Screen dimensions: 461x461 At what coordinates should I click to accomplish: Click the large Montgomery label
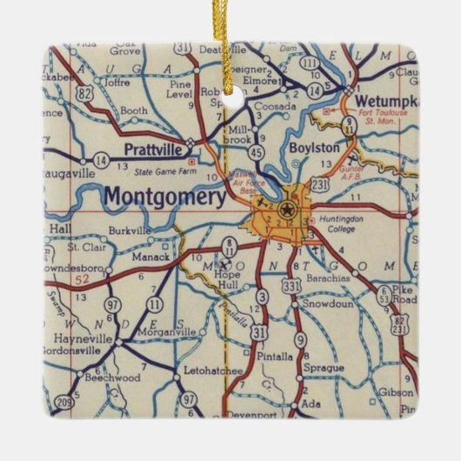pos(164,196)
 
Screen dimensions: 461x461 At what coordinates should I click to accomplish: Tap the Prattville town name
pos(152,149)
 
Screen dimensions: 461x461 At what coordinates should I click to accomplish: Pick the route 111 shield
pos(311,63)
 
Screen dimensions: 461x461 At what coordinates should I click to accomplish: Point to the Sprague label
pos(324,368)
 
